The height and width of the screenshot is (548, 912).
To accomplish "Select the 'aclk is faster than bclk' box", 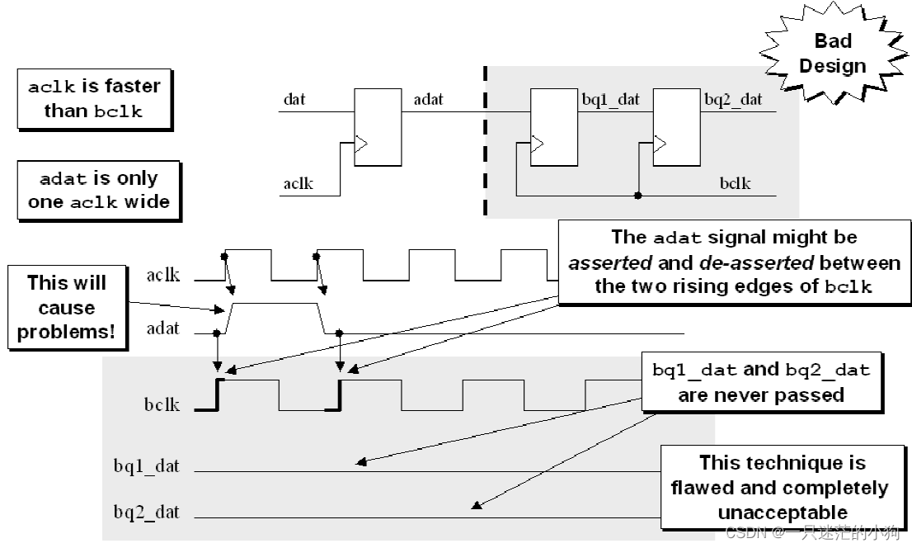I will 94,98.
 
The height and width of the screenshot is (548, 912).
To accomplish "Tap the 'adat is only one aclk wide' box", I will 98,190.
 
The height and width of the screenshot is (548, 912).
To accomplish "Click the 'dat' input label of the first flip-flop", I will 294,100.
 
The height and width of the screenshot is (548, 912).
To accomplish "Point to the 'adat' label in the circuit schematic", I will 428,100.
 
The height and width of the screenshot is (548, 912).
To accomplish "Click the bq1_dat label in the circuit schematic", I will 611,100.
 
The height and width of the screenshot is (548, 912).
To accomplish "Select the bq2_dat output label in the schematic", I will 733,100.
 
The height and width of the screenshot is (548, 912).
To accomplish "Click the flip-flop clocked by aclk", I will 378,127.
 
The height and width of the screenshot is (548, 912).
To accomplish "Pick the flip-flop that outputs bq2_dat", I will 676,127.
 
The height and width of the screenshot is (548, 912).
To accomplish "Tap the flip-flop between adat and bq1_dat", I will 554,127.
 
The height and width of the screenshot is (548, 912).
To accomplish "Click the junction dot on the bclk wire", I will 638,196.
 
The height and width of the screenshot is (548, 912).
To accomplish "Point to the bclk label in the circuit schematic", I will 735,183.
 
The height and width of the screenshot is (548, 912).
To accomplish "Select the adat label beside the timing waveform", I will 162,328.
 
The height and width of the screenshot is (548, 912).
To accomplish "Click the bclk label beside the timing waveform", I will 162,405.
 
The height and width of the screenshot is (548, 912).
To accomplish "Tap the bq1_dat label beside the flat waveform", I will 147,466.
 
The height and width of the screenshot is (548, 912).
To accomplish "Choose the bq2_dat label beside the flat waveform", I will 147,513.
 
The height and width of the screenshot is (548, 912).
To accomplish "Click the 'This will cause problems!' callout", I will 67,308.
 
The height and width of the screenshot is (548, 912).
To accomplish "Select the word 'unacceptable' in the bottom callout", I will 782,513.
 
